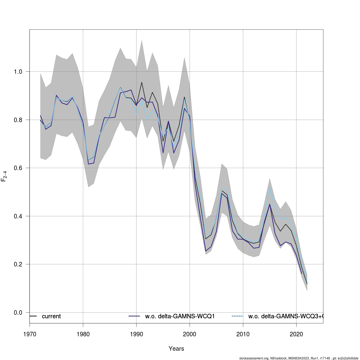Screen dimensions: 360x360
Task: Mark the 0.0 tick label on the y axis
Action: [x=18, y=313]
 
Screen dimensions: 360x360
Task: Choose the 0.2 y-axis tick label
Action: [x=18, y=264]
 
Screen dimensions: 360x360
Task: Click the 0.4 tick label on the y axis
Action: [x=18, y=216]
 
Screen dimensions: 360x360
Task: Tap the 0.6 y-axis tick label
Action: [x=18, y=168]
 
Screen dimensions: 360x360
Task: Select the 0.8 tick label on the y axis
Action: [x=18, y=120]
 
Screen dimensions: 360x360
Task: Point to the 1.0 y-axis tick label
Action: [x=18, y=72]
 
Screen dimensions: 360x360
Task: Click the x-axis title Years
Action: [x=176, y=349]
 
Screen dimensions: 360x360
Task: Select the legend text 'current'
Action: [x=51, y=316]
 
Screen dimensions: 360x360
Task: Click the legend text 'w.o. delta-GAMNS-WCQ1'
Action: [x=180, y=316]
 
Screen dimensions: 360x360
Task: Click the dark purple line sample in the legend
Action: [x=134, y=316]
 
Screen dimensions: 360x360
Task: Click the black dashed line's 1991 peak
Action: [x=142, y=82]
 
